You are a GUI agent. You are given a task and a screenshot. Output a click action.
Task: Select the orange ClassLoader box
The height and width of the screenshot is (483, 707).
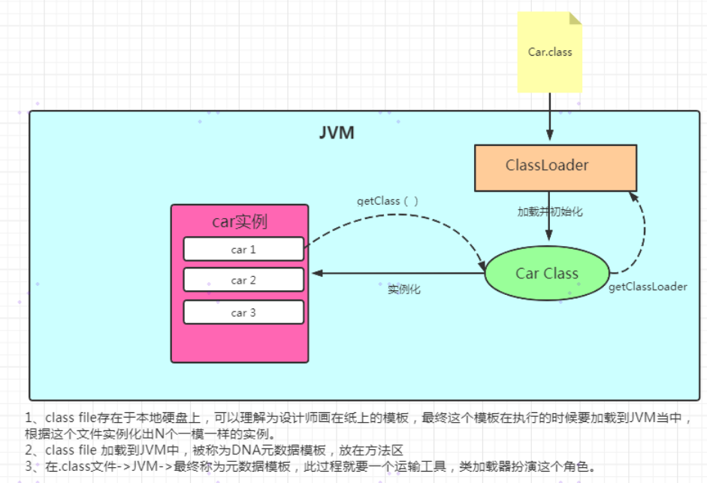click(555, 166)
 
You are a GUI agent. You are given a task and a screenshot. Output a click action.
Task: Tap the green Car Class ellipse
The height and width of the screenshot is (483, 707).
click(546, 274)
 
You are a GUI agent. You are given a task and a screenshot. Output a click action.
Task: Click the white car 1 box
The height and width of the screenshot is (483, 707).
click(243, 249)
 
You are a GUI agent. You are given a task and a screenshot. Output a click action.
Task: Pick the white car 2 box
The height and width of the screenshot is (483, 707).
click(243, 280)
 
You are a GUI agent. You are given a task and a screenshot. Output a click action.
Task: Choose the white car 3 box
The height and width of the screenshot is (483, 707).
click(243, 312)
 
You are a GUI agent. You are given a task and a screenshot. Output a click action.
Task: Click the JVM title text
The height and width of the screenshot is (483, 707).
click(337, 133)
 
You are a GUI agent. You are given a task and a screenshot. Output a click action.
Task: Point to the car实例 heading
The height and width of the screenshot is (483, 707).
click(240, 222)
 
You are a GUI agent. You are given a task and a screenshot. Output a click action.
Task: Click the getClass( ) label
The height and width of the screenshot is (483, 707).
click(388, 201)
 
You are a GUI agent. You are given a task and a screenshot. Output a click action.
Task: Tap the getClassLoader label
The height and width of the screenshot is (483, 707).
click(648, 287)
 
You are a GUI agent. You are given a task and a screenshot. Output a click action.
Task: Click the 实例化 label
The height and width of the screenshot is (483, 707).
click(404, 289)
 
